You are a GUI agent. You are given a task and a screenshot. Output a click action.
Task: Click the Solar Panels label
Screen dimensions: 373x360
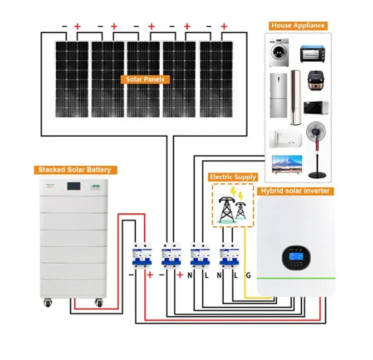[x=145, y=79]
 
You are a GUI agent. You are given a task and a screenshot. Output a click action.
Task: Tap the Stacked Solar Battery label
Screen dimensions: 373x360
[x=75, y=170]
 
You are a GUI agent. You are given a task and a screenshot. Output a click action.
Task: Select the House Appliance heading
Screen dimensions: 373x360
[x=298, y=26]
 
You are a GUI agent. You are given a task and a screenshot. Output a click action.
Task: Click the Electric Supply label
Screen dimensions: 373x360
[x=233, y=177]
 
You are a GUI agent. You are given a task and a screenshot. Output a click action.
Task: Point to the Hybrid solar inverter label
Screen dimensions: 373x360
[x=295, y=191]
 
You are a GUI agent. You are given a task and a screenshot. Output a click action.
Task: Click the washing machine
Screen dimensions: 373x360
[x=279, y=53]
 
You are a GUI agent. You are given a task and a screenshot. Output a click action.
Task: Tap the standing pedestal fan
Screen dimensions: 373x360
[x=316, y=150]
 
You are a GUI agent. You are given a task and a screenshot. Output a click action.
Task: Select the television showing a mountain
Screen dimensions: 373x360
[x=287, y=164]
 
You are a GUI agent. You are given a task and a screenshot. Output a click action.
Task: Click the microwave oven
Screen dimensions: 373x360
[x=316, y=108]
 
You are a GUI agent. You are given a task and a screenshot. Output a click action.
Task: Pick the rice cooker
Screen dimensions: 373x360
[x=316, y=81]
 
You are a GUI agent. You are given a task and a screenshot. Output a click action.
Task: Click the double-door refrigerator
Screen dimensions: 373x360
[x=278, y=95]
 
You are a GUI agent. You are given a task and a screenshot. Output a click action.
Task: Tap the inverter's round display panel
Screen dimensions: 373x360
[x=296, y=258]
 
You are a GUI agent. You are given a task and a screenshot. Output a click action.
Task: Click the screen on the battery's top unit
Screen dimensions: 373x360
[x=73, y=186]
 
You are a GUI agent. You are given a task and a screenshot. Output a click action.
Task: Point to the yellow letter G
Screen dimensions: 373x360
[x=248, y=275]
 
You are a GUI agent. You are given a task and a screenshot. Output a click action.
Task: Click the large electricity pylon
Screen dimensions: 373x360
[x=226, y=209]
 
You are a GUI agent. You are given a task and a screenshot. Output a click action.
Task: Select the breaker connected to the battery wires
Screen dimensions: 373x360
[x=142, y=256]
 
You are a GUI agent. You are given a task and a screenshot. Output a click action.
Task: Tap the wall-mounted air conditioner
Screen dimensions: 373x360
[x=285, y=139]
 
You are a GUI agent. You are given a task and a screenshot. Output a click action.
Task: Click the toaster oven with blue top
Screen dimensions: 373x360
[x=313, y=54]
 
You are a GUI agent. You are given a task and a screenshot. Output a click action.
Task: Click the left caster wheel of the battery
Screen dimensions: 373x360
[x=48, y=303]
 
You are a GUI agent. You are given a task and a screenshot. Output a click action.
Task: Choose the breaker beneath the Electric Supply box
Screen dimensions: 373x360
[x=229, y=256]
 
